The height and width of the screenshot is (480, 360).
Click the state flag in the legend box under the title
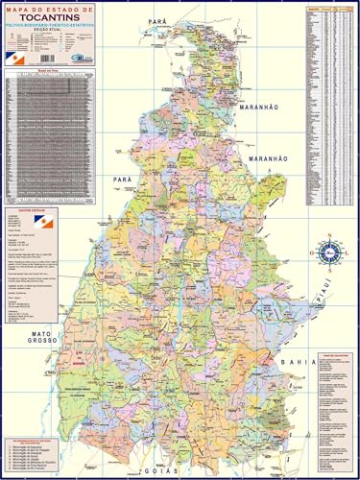pyautogui.click(x=15, y=58)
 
